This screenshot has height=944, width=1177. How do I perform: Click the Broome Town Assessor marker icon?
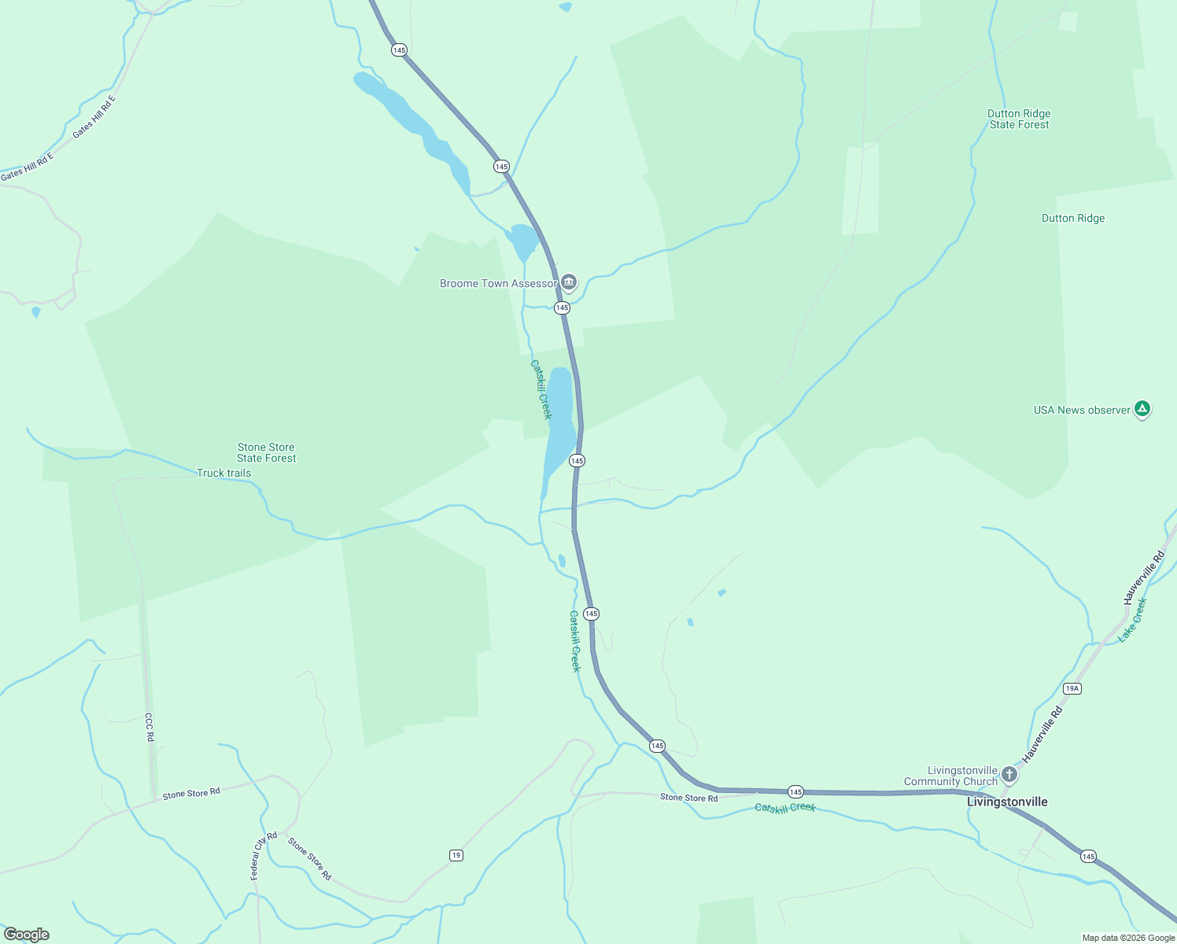(569, 282)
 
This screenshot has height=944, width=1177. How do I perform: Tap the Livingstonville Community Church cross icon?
(1009, 775)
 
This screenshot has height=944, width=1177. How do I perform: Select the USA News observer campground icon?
(1142, 409)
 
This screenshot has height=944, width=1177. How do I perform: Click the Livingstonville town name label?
(1007, 802)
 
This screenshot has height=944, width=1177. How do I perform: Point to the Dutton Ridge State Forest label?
(1019, 119)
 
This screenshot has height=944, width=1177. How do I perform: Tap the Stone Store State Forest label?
(266, 452)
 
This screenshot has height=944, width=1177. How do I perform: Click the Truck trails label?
(223, 473)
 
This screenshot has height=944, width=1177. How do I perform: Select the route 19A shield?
(1072, 688)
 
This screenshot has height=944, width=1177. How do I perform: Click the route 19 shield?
(456, 855)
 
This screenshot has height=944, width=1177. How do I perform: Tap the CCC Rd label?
(149, 727)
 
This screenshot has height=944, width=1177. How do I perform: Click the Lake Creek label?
(1133, 620)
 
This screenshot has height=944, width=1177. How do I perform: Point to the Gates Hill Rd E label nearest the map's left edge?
(27, 167)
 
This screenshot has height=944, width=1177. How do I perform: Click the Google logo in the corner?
(27, 935)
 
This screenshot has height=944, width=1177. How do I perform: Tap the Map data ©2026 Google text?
(1128, 938)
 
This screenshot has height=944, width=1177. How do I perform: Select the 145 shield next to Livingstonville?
(1087, 856)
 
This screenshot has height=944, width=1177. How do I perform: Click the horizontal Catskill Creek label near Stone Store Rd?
(785, 808)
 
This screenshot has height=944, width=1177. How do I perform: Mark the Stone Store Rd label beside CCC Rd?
(191, 794)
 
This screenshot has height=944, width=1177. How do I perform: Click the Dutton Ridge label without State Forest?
(1072, 218)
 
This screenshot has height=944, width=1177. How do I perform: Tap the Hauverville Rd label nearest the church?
(1042, 735)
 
